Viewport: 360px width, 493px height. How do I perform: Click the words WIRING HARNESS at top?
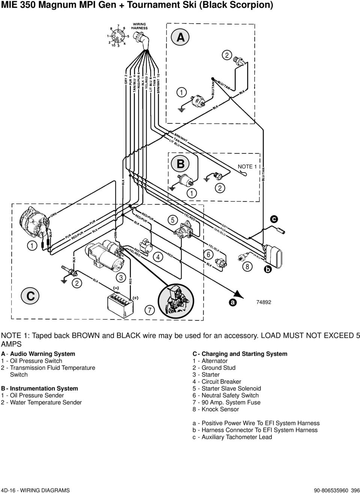139,26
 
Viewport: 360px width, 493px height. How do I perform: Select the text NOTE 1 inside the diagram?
247,167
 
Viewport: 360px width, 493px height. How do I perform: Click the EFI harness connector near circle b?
273,256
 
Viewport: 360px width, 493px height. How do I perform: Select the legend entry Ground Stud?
218,368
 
